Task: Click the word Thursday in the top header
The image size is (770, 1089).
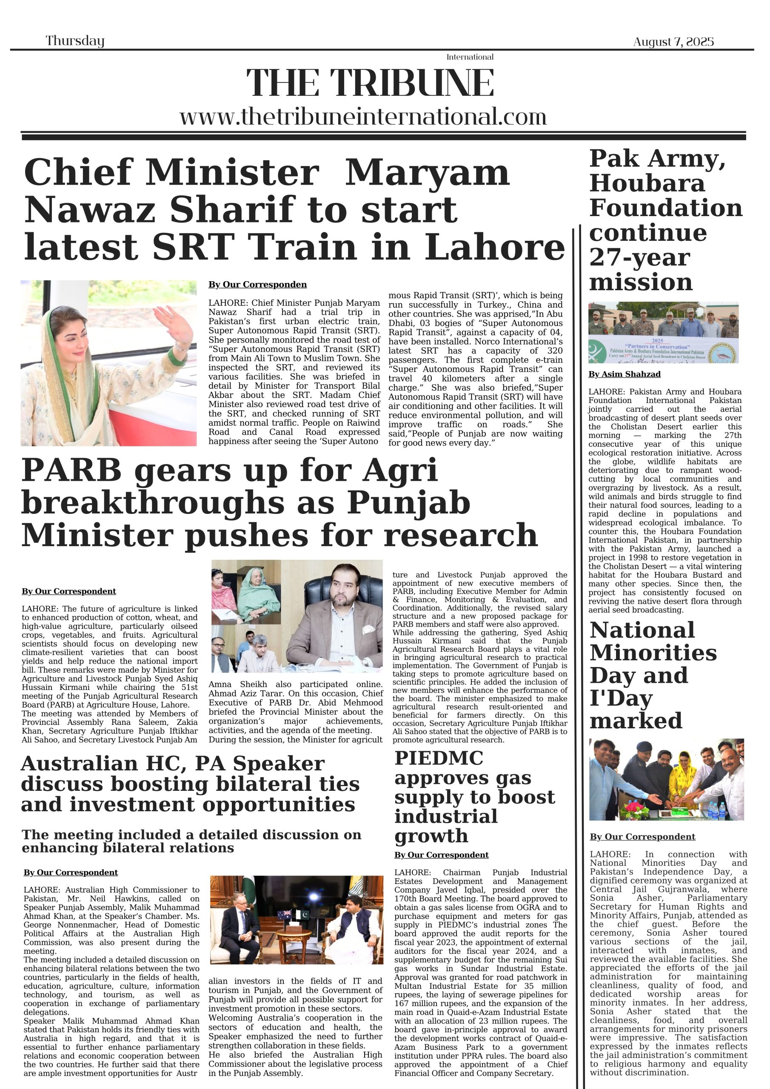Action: click(75, 41)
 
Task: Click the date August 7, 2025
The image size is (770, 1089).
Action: click(673, 42)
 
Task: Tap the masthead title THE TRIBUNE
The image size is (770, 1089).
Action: click(370, 83)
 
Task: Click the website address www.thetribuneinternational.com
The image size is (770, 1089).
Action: click(363, 117)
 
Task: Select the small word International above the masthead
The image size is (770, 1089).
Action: click(470, 57)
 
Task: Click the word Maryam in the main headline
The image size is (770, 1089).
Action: click(427, 173)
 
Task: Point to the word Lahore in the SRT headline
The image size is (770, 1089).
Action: click(494, 247)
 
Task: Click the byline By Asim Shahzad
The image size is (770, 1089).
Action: click(625, 374)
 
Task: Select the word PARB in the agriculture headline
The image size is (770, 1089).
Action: click(71, 471)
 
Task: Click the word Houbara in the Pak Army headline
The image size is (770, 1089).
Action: click(647, 183)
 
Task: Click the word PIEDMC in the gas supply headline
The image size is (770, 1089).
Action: click(439, 758)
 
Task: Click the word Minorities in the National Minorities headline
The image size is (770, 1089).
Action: click(653, 653)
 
